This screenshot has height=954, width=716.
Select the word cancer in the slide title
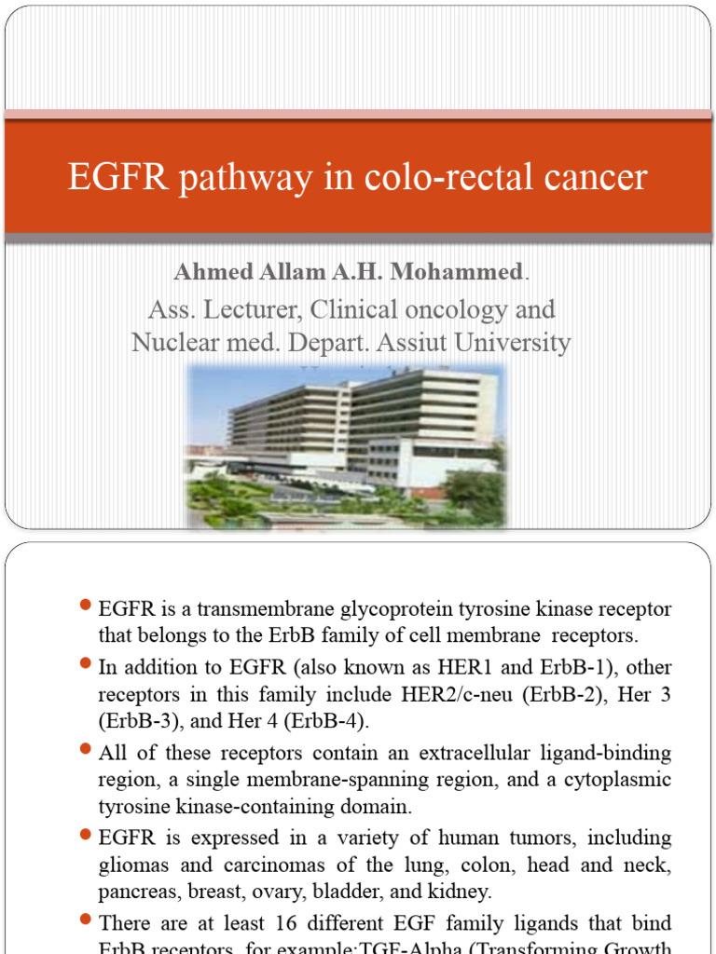pyautogui.click(x=590, y=176)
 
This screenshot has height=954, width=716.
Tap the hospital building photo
pyautogui.click(x=346, y=445)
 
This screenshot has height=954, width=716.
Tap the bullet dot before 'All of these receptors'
pyautogui.click(x=85, y=750)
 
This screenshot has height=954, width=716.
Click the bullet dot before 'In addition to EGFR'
pyautogui.click(x=85, y=666)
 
